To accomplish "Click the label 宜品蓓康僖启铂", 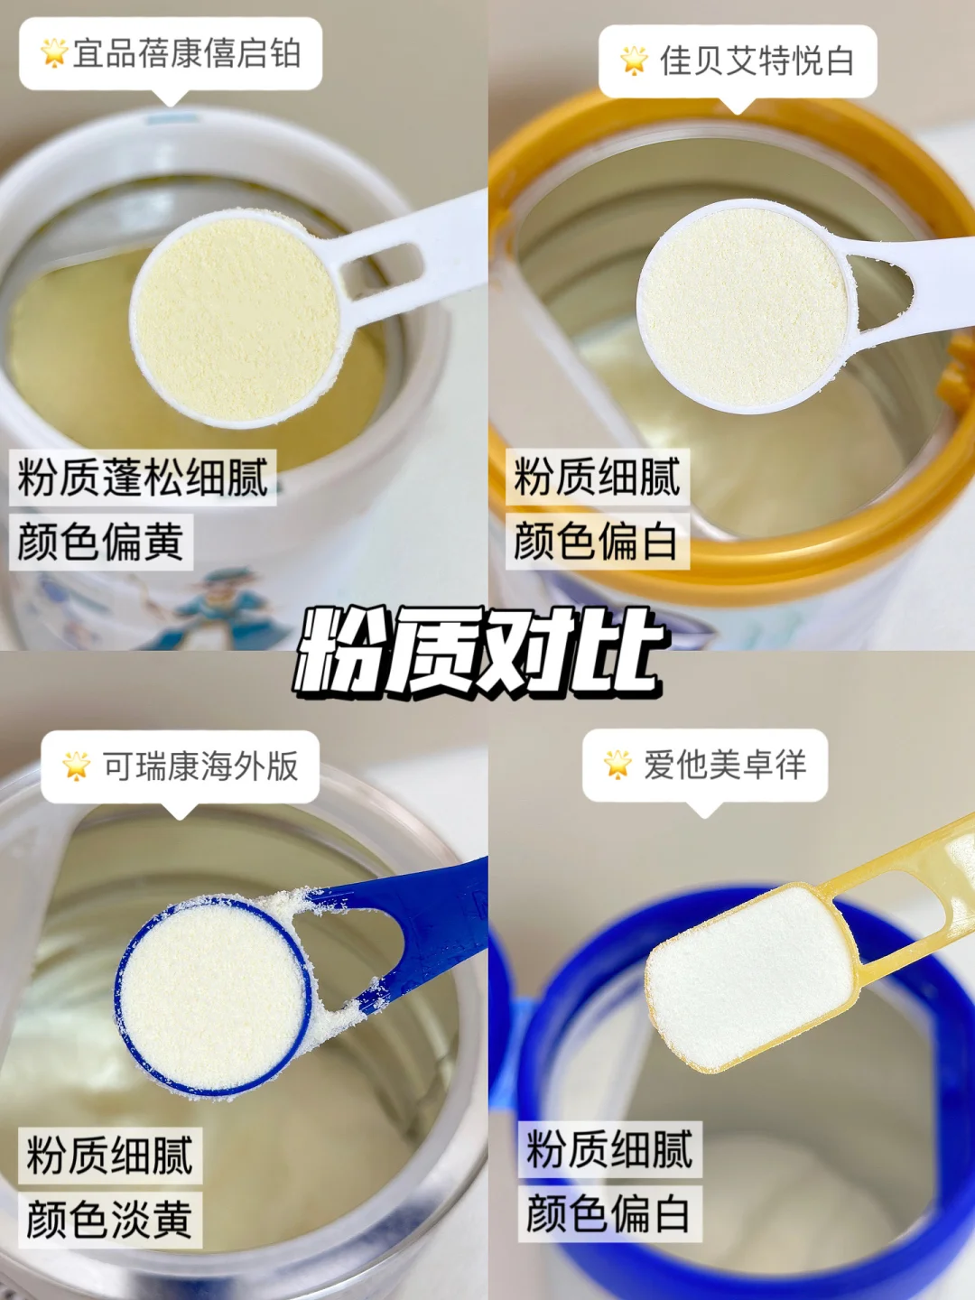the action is pos(187,53).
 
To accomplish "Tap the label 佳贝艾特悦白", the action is pos(757,61).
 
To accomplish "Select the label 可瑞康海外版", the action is pos(200,766).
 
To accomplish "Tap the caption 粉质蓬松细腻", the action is pos(143,478).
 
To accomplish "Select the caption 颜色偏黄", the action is pos(100,542).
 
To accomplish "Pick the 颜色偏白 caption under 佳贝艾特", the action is pos(597,542).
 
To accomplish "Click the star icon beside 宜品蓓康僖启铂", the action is pos(54,52).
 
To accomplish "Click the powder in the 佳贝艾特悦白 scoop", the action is pos(745,307).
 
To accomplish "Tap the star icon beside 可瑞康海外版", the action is pos(77,766).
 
